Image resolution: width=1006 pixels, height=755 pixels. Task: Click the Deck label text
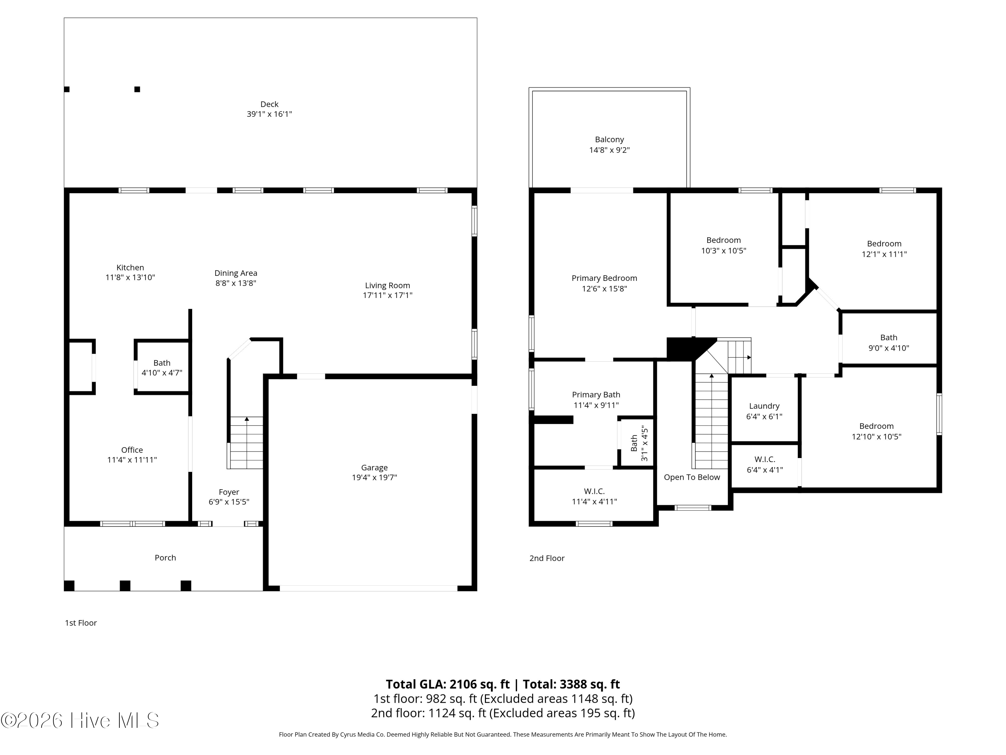click(x=269, y=104)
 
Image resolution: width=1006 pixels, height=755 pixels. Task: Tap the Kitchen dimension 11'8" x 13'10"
click(x=130, y=277)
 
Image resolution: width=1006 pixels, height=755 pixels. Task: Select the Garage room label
click(x=374, y=467)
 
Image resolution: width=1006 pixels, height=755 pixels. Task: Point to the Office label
click(x=132, y=450)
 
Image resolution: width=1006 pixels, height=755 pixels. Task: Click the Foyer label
click(x=229, y=492)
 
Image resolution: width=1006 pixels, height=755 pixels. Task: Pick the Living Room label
click(x=388, y=285)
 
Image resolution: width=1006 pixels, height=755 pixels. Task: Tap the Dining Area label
click(x=236, y=273)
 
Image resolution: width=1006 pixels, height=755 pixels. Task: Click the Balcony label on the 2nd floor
click(x=609, y=140)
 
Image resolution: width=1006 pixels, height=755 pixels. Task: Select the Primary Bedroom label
click(x=604, y=278)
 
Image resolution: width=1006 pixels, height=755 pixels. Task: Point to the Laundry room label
click(x=764, y=406)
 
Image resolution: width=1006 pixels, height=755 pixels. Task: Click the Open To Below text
click(x=692, y=477)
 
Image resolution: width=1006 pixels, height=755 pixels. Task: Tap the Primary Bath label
click(x=596, y=395)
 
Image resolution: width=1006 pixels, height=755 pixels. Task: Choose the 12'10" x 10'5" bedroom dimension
click(x=876, y=437)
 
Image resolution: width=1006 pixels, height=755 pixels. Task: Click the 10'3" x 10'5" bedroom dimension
click(x=724, y=250)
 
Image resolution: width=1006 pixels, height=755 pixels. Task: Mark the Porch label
click(x=165, y=557)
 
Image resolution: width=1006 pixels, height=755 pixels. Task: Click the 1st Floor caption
click(x=81, y=622)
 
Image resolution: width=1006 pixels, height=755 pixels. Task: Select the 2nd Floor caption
click(x=547, y=558)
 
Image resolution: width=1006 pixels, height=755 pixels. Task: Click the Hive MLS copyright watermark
click(x=80, y=720)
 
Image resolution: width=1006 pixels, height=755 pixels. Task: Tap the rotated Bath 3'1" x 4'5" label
click(x=639, y=443)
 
